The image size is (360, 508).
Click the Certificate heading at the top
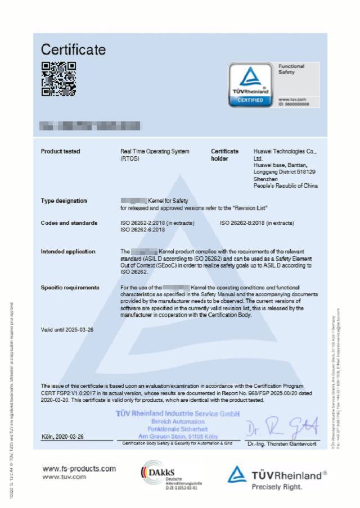coord(73,49)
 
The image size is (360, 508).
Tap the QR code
coord(58,79)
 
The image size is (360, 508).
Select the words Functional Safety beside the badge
coord(291,69)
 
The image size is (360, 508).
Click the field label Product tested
coord(60,151)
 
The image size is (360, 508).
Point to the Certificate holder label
coord(225,155)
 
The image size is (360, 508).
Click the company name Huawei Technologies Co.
coord(286,151)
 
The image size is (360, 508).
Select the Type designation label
coord(64,201)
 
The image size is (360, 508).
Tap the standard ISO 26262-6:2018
coord(143,230)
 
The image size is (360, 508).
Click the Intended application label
coord(68,251)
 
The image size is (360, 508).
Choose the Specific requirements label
coord(70,287)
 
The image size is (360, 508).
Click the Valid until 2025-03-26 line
coord(67,329)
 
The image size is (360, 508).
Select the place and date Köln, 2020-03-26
coord(63,437)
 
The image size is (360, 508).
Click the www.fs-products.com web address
coord(79,469)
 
